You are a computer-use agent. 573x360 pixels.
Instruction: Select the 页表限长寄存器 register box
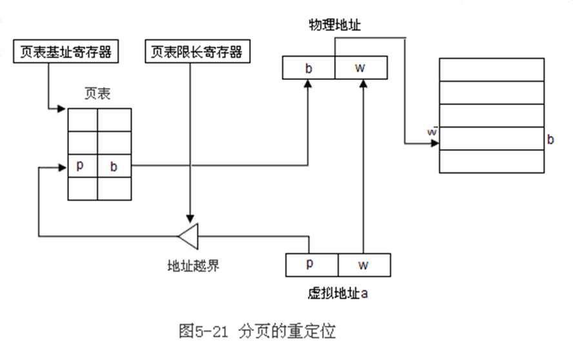pyautogui.click(x=197, y=52)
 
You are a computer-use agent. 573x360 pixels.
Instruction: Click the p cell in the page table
pyautogui.click(x=82, y=166)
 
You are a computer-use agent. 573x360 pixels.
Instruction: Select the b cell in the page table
pyautogui.click(x=114, y=166)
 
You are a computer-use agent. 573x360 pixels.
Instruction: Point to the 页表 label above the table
pyautogui.click(x=97, y=94)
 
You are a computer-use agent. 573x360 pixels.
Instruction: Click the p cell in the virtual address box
pyautogui.click(x=312, y=265)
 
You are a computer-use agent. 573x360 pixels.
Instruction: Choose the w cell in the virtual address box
pyautogui.click(x=364, y=265)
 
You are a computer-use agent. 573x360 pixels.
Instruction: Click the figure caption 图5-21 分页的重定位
pyautogui.click(x=257, y=331)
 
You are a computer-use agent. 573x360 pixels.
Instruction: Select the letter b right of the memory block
pyautogui.click(x=550, y=139)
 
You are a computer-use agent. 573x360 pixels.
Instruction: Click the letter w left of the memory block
pyautogui.click(x=432, y=132)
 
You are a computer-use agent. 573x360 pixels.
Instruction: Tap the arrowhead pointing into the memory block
pyautogui.click(x=434, y=143)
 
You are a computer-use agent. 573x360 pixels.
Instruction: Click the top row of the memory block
pyautogui.click(x=491, y=69)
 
